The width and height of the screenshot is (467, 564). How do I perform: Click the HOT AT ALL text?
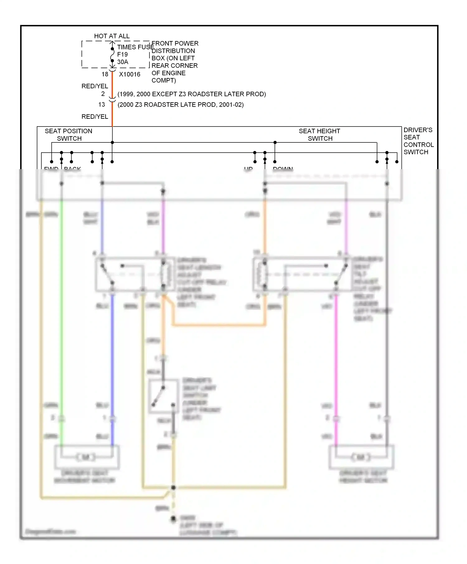coord(112,36)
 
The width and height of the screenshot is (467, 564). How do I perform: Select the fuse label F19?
coord(122,54)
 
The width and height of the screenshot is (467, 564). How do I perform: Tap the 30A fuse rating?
coord(123,62)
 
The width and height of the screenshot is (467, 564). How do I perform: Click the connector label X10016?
coord(130,74)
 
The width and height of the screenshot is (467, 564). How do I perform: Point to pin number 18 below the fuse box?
coord(105,74)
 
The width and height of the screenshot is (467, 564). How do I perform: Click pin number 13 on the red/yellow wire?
coord(102,104)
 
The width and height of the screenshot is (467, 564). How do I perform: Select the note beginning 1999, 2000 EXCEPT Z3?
coord(191,94)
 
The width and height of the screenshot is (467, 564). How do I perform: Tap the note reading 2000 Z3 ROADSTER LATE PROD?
coord(181,104)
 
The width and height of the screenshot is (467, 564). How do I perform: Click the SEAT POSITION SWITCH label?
coord(68,135)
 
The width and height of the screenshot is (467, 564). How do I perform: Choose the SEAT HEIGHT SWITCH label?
coord(319,135)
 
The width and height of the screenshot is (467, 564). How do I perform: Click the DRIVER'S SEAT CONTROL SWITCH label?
coord(418,141)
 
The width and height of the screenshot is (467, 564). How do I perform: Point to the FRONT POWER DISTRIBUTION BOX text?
coord(174,62)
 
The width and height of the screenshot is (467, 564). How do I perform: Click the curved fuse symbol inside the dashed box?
coord(112,57)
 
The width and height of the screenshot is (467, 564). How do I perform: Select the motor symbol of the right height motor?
coord(361,457)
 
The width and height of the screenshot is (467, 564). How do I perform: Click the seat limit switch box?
coord(163,396)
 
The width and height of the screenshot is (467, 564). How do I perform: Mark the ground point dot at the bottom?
coord(173,519)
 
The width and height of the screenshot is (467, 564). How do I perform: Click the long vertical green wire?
coord(62,311)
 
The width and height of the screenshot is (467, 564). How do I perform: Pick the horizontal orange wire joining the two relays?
coord(218,325)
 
